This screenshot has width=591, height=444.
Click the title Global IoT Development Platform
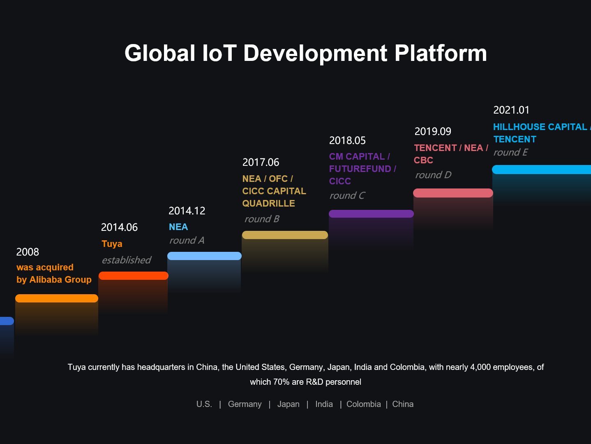click(305, 53)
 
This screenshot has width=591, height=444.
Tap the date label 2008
click(28, 252)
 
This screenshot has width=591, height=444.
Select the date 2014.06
click(119, 227)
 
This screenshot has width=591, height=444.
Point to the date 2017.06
click(261, 162)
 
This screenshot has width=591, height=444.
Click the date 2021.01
click(511, 110)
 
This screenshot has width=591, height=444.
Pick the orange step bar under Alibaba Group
click(57, 298)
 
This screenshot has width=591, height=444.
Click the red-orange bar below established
click(134, 276)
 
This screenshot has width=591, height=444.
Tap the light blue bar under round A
click(204, 256)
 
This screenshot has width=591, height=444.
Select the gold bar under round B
click(285, 235)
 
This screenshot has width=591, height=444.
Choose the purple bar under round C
click(371, 214)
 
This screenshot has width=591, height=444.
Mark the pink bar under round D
click(453, 193)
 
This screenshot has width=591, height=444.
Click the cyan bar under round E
click(542, 170)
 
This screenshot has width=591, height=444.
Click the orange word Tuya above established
click(112, 244)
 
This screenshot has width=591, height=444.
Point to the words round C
click(347, 195)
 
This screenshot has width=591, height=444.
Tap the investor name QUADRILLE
click(268, 203)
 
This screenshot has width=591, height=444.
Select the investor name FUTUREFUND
click(360, 169)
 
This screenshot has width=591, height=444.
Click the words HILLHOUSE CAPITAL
click(540, 127)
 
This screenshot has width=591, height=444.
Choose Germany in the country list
click(245, 404)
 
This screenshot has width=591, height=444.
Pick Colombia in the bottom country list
click(363, 404)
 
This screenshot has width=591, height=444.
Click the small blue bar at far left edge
click(7, 321)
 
